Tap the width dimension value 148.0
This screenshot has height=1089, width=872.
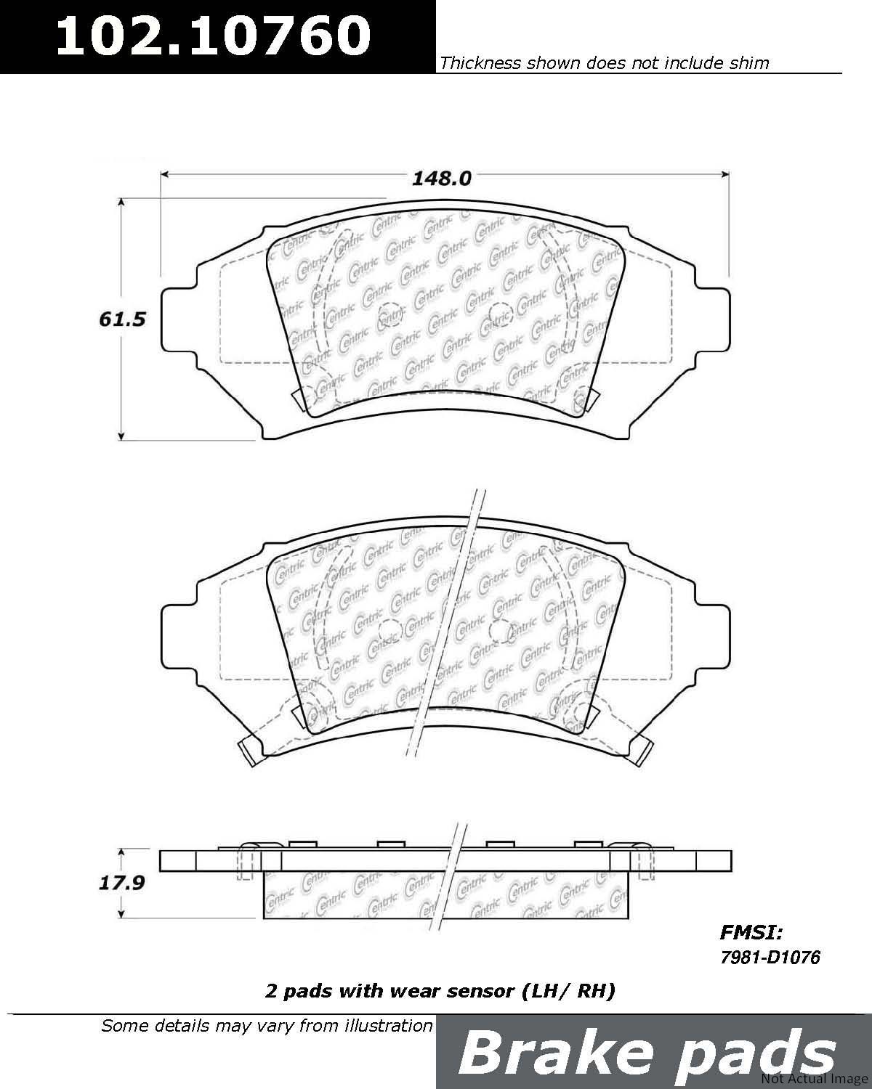point(441,178)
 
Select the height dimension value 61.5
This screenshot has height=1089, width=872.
point(122,319)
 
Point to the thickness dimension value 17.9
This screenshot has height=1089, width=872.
point(121,883)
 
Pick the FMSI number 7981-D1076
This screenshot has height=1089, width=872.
point(770,957)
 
